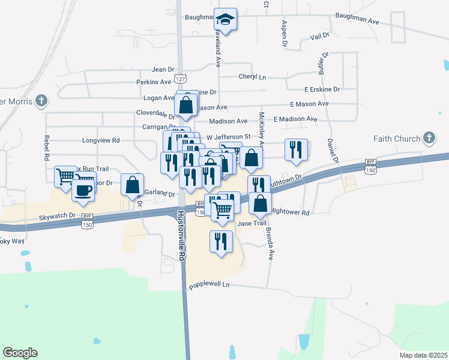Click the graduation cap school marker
point(226,20)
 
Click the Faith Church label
point(397,139)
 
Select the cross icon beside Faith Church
point(429,139)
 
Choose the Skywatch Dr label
point(58,216)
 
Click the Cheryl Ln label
point(252,77)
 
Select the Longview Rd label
point(101,140)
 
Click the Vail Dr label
point(320,37)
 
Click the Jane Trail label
point(252,223)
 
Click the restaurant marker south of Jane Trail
point(221,241)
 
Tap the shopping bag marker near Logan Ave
point(187,104)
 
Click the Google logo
point(20,353)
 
